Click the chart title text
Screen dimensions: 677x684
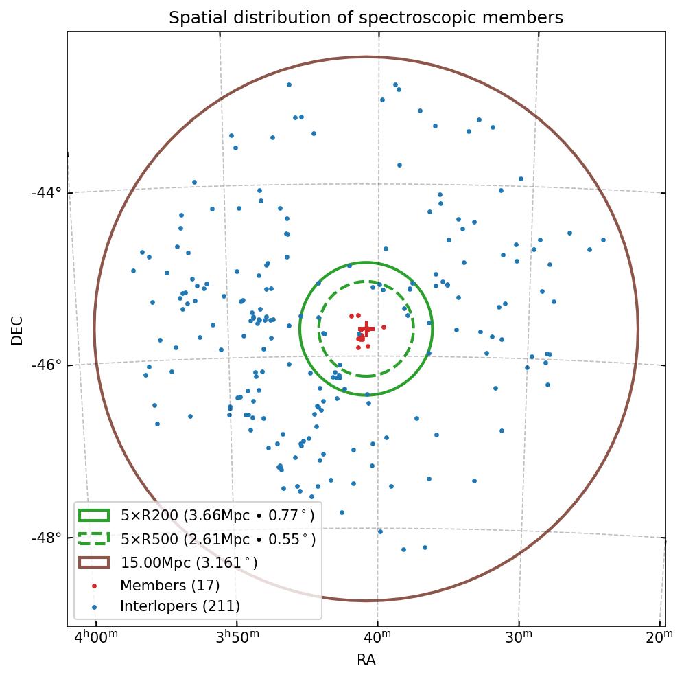[x=366, y=18]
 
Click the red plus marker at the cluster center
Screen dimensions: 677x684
[x=366, y=329]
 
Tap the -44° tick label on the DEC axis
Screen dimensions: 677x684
[x=47, y=192]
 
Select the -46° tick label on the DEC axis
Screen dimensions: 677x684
[x=47, y=365]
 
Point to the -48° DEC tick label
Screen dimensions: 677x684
[x=47, y=537]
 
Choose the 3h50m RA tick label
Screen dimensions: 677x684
[x=237, y=639]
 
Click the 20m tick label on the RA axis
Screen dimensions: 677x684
[x=659, y=639]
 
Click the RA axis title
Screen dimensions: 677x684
[x=366, y=661]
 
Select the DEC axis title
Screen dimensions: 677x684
[x=17, y=330]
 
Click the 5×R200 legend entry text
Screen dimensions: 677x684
[x=217, y=515]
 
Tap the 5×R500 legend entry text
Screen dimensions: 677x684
[x=217, y=539]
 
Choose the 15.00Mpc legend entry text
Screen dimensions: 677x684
[x=189, y=562]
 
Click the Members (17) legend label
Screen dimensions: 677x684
[x=169, y=586]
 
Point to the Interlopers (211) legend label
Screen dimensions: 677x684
[x=180, y=606]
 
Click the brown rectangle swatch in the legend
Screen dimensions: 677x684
[x=94, y=562]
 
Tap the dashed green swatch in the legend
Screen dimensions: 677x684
[x=94, y=539]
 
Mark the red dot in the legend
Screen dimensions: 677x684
[x=95, y=586]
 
